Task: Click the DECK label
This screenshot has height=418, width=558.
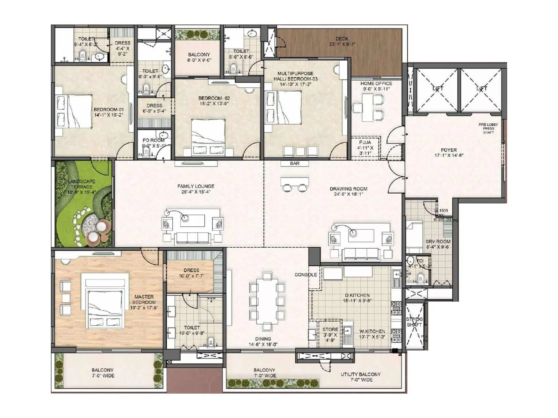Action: pyautogui.click(x=342, y=41)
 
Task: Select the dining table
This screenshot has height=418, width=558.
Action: pyautogui.click(x=267, y=302)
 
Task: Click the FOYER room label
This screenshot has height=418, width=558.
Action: pyautogui.click(x=448, y=153)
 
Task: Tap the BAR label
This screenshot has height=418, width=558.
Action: pyautogui.click(x=295, y=163)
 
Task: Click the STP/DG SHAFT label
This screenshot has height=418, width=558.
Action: pyautogui.click(x=414, y=322)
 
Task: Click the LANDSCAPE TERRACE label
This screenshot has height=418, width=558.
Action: pyautogui.click(x=82, y=187)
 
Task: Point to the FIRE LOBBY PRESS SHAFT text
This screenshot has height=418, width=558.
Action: pyautogui.click(x=488, y=128)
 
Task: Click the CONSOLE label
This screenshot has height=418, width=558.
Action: pyautogui.click(x=306, y=274)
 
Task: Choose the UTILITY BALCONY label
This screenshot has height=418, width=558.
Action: pyautogui.click(x=361, y=377)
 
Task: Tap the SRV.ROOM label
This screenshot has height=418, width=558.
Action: pyautogui.click(x=438, y=244)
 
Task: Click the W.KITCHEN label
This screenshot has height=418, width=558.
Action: pyautogui.click(x=372, y=334)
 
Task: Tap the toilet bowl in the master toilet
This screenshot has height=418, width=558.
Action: pyautogui.click(x=210, y=342)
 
